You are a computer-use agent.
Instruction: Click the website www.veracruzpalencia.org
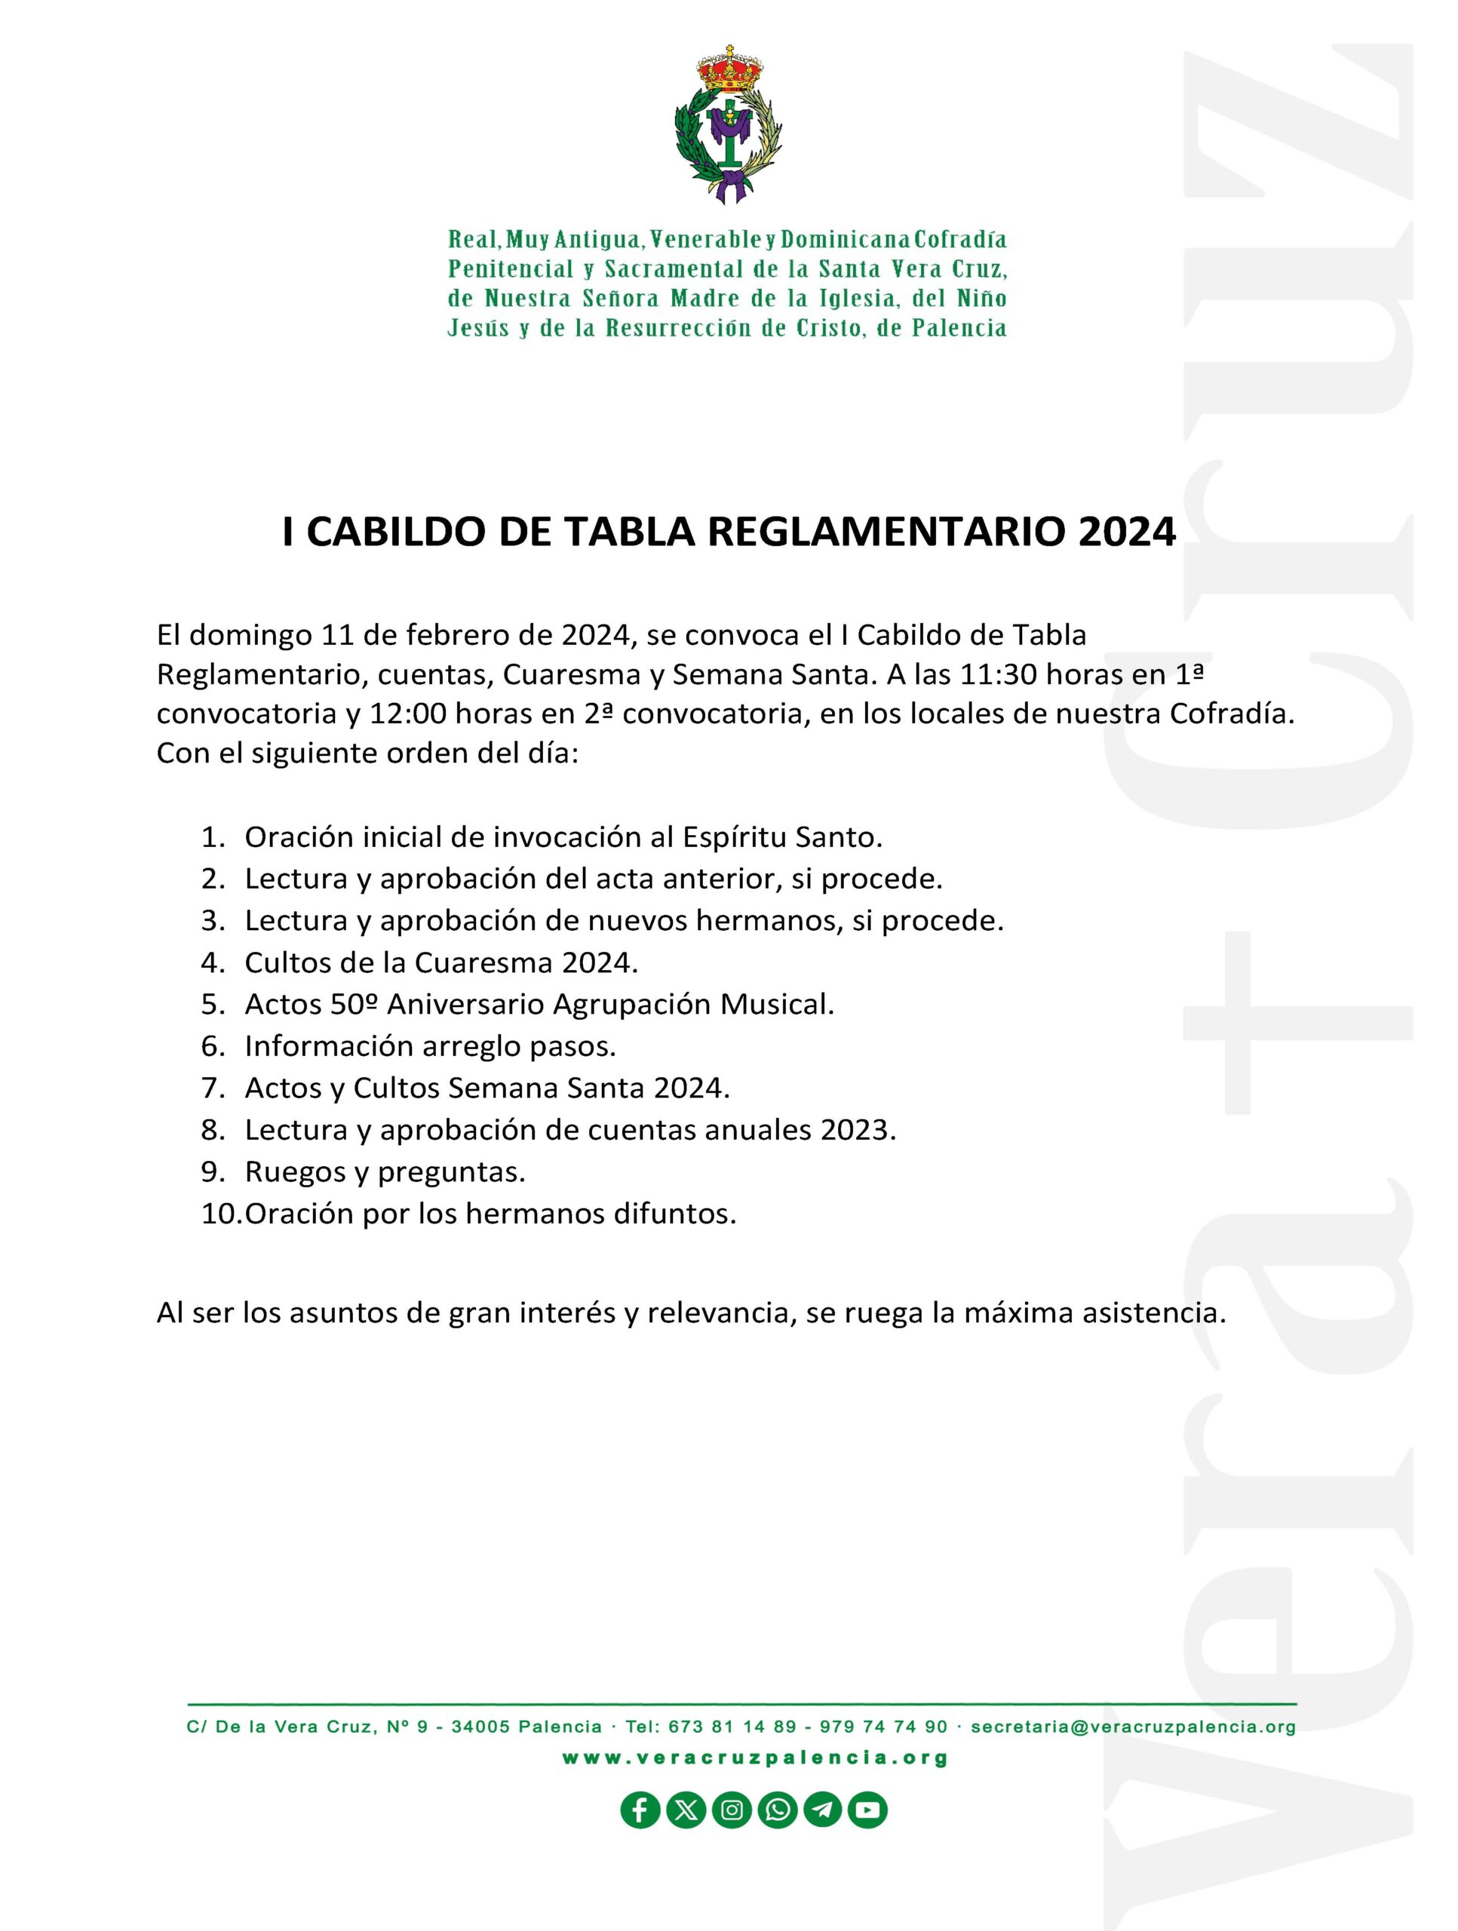point(755,1758)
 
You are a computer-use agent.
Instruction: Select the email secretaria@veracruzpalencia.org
point(1133,1727)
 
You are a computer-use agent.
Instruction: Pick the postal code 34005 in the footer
point(480,1727)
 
